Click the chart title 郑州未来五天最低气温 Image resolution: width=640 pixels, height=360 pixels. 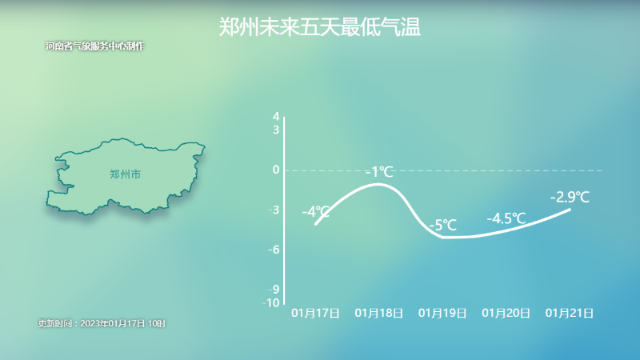click(319, 27)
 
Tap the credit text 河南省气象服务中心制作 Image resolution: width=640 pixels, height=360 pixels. click(94, 46)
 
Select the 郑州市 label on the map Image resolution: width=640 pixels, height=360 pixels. click(126, 174)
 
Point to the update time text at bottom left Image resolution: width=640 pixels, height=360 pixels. click(102, 323)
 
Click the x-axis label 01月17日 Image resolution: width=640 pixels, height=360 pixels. click(315, 313)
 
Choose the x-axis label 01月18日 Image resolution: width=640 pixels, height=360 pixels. click(378, 313)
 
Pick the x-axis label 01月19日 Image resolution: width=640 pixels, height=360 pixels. click(442, 313)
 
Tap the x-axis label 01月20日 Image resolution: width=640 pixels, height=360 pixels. click(506, 313)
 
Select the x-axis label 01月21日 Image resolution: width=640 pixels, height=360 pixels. click(570, 313)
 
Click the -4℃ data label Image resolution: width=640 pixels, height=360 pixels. click(316, 212)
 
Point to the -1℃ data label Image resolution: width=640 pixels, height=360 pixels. click(379, 172)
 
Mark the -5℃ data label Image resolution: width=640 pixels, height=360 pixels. click(443, 225)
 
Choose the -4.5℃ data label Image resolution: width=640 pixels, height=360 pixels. click(506, 218)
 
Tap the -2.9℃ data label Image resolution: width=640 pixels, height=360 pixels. click(570, 197)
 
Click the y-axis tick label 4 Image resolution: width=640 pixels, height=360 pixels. click(276, 116)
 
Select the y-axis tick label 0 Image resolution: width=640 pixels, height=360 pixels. click(276, 170)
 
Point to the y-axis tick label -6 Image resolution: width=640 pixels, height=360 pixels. click(274, 250)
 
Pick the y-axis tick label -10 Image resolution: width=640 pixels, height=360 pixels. click(271, 302)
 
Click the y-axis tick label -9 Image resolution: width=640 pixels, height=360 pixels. click(274, 289)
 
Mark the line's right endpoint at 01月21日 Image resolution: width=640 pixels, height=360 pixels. click(570, 210)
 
